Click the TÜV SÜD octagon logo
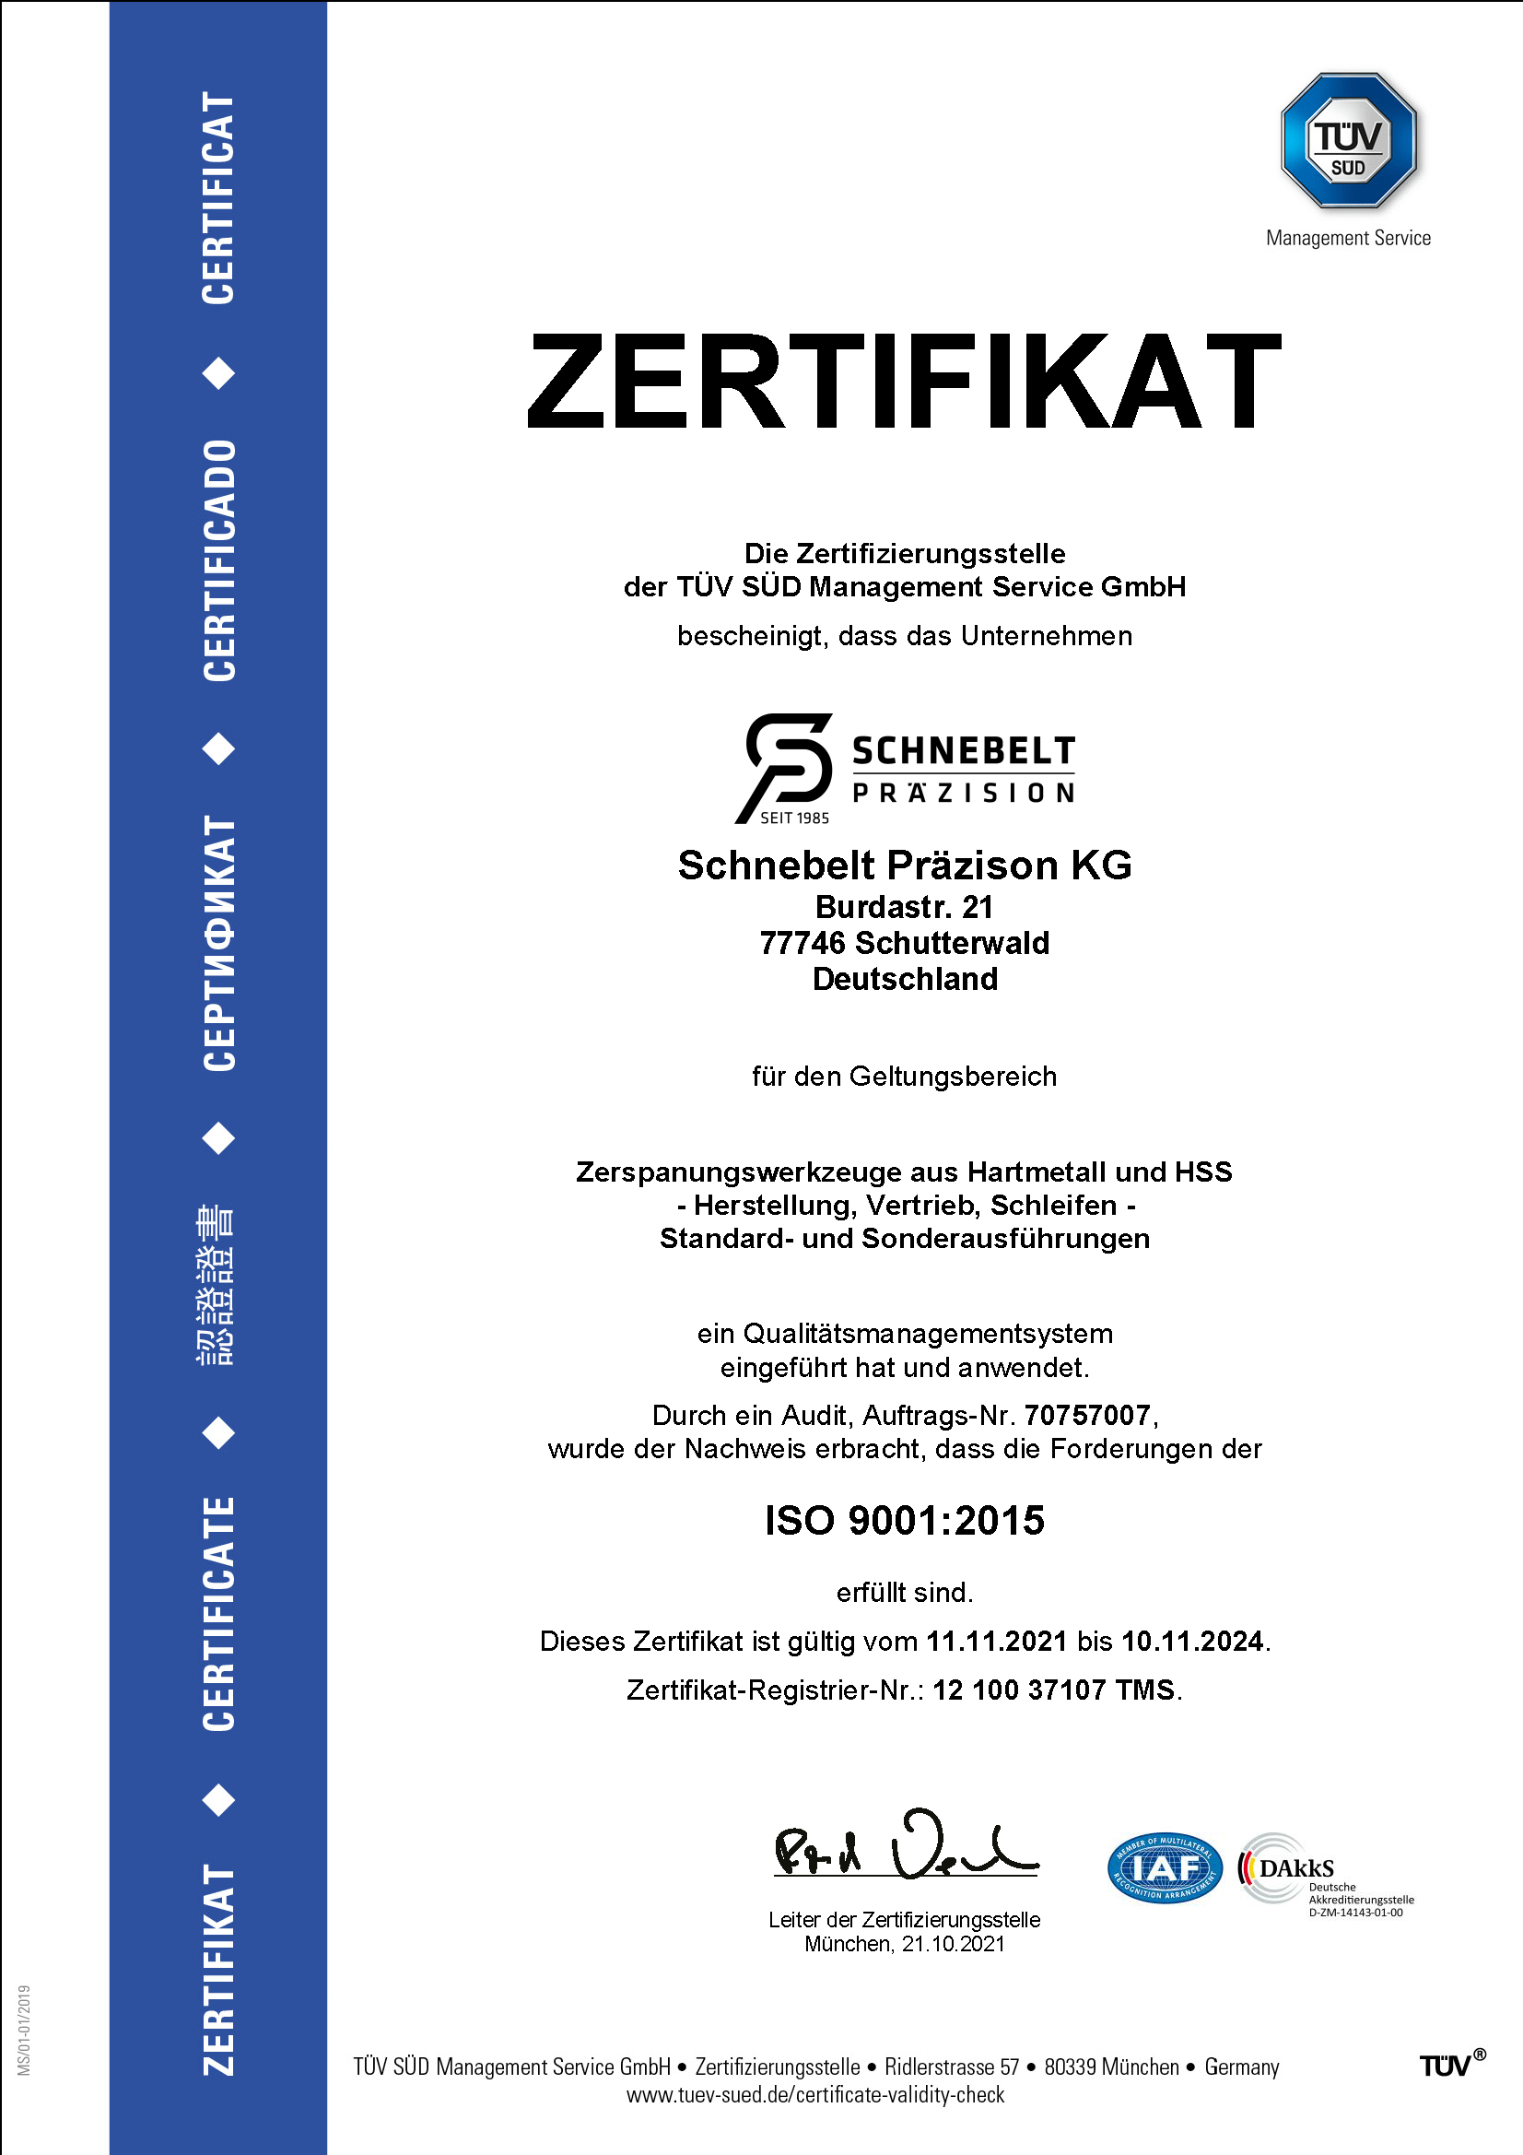1349,141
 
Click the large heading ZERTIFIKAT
904,380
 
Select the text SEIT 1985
794,818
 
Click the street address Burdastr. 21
904,907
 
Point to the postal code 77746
803,942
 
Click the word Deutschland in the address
905,979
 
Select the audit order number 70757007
1086,1415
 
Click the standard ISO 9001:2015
904,1521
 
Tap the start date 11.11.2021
997,1641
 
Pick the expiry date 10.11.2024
1192,1641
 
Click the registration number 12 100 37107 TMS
1053,1690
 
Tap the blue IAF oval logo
1165,1867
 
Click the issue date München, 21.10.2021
904,1944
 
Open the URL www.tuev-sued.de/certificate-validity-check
814,2094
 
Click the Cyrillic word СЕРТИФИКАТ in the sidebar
219,943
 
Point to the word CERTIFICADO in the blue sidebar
219,560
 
